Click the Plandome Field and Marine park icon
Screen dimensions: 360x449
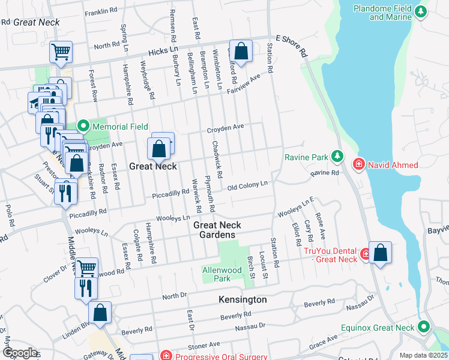tap(421, 12)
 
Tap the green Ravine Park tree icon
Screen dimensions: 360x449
tap(337, 157)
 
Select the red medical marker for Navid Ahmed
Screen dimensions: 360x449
tap(358, 164)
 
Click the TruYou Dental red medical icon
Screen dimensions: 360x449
tap(365, 255)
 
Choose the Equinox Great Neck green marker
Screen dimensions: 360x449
tap(424, 328)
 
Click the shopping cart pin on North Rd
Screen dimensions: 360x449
tap(61, 52)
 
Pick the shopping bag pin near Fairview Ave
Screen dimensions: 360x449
tap(241, 52)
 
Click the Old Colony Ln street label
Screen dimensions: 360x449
tap(247, 185)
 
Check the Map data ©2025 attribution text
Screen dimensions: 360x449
tap(424, 355)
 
